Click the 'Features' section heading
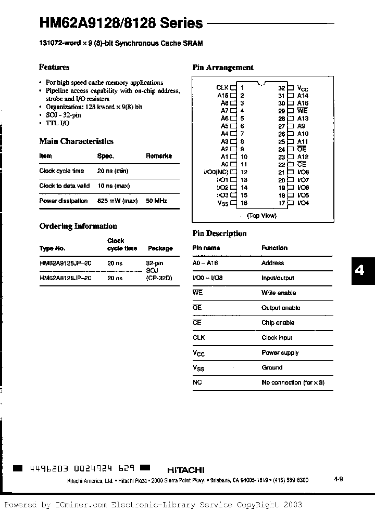pyautogui.click(x=54, y=67)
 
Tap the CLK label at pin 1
pyautogui.click(x=222, y=88)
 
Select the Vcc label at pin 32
pyautogui.click(x=303, y=88)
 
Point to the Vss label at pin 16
pyautogui.click(x=222, y=203)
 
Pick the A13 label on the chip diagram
pyautogui.click(x=303, y=119)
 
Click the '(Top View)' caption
pyautogui.click(x=261, y=215)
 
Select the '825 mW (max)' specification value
pyautogui.click(x=117, y=201)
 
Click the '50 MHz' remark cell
pyautogui.click(x=157, y=201)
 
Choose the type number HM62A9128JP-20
pyautogui.click(x=66, y=264)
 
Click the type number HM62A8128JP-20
pyautogui.click(x=66, y=278)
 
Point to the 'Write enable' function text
pyautogui.click(x=278, y=293)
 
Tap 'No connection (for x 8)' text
pyautogui.click(x=293, y=383)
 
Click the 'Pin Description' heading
pyautogui.click(x=219, y=233)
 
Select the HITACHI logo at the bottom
pyautogui.click(x=186, y=469)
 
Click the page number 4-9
pyautogui.click(x=338, y=479)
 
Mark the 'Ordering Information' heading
pyautogui.click(x=78, y=226)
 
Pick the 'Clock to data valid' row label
pyautogui.click(x=65, y=186)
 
